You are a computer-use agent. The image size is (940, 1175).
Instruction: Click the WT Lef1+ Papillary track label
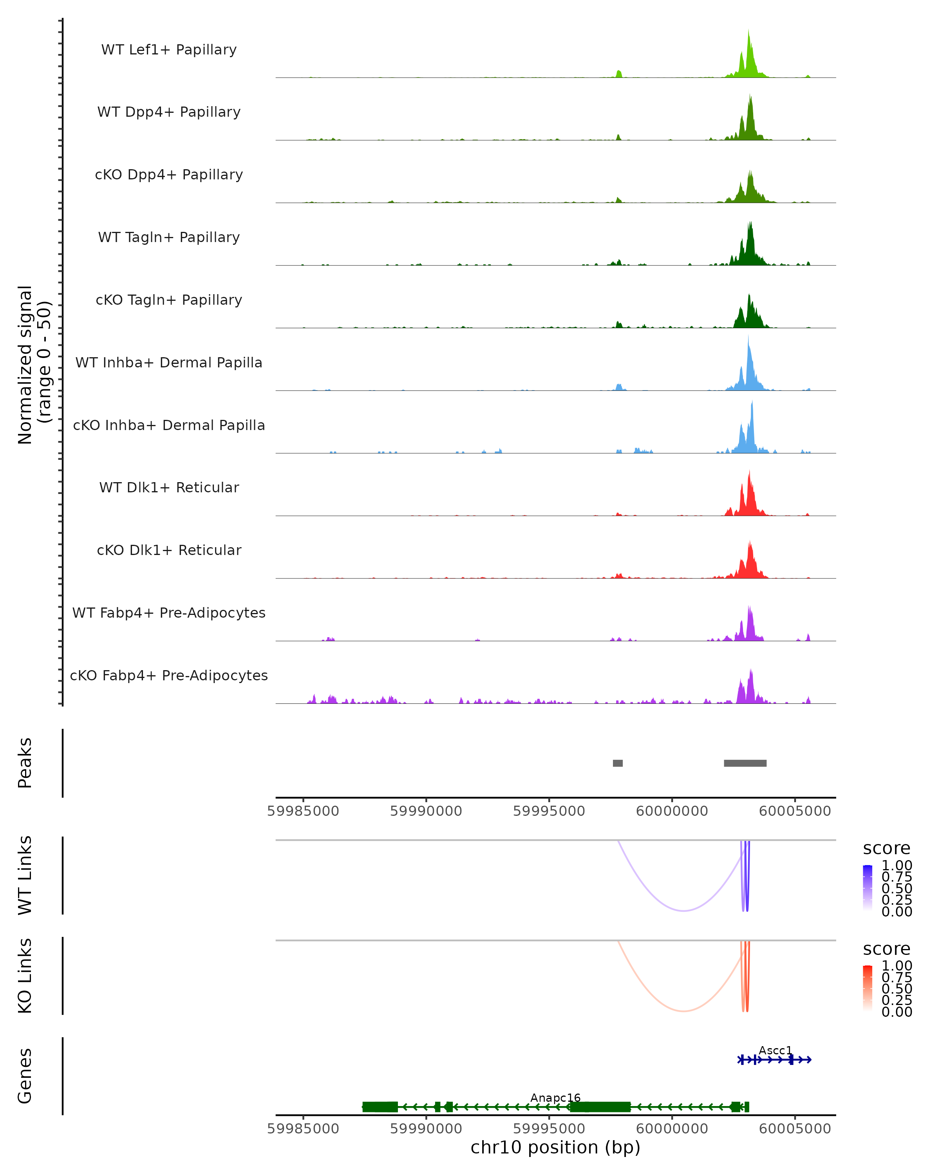coord(169,50)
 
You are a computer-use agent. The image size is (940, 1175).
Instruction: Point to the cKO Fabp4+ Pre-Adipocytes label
coord(169,675)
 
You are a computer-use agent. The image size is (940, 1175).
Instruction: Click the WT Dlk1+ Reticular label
coord(169,487)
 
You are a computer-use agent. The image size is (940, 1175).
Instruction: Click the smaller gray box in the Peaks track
coord(617,763)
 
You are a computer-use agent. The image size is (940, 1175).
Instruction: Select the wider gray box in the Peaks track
coord(745,763)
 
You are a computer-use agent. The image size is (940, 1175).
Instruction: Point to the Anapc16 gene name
coord(555,1097)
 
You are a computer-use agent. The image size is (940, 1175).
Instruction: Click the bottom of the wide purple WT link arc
coord(683,910)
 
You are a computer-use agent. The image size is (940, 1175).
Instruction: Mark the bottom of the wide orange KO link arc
coord(683,1011)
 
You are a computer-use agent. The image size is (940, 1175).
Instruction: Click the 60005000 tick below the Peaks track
coord(795,811)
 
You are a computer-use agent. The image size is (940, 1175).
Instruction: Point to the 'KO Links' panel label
coord(25,976)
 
